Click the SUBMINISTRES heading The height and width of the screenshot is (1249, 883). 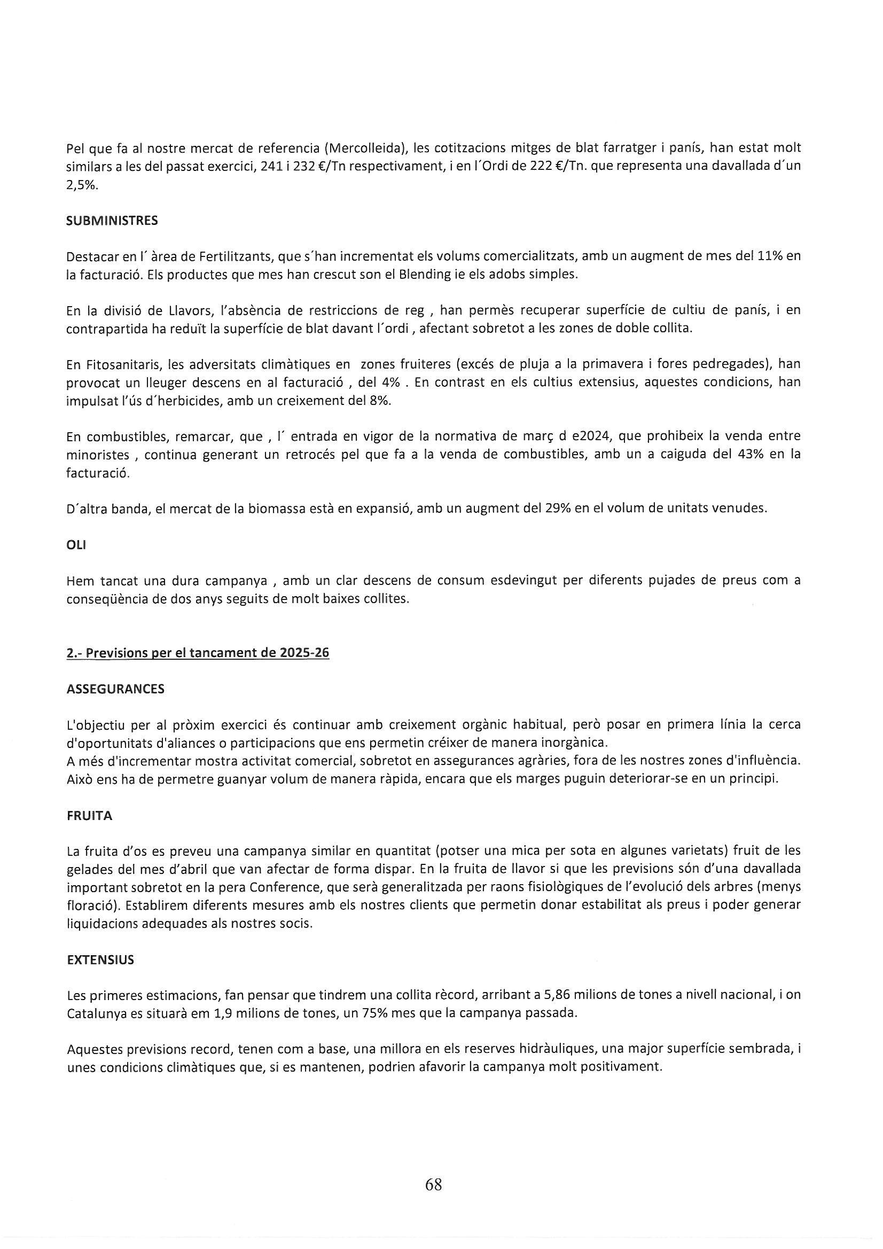point(112,220)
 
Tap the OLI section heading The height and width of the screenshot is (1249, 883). point(76,545)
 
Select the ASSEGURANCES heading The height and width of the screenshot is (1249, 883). point(115,689)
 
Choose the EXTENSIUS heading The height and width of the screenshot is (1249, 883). point(100,959)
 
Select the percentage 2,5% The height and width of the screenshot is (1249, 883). point(82,184)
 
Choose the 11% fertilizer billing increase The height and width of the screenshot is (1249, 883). point(769,256)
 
